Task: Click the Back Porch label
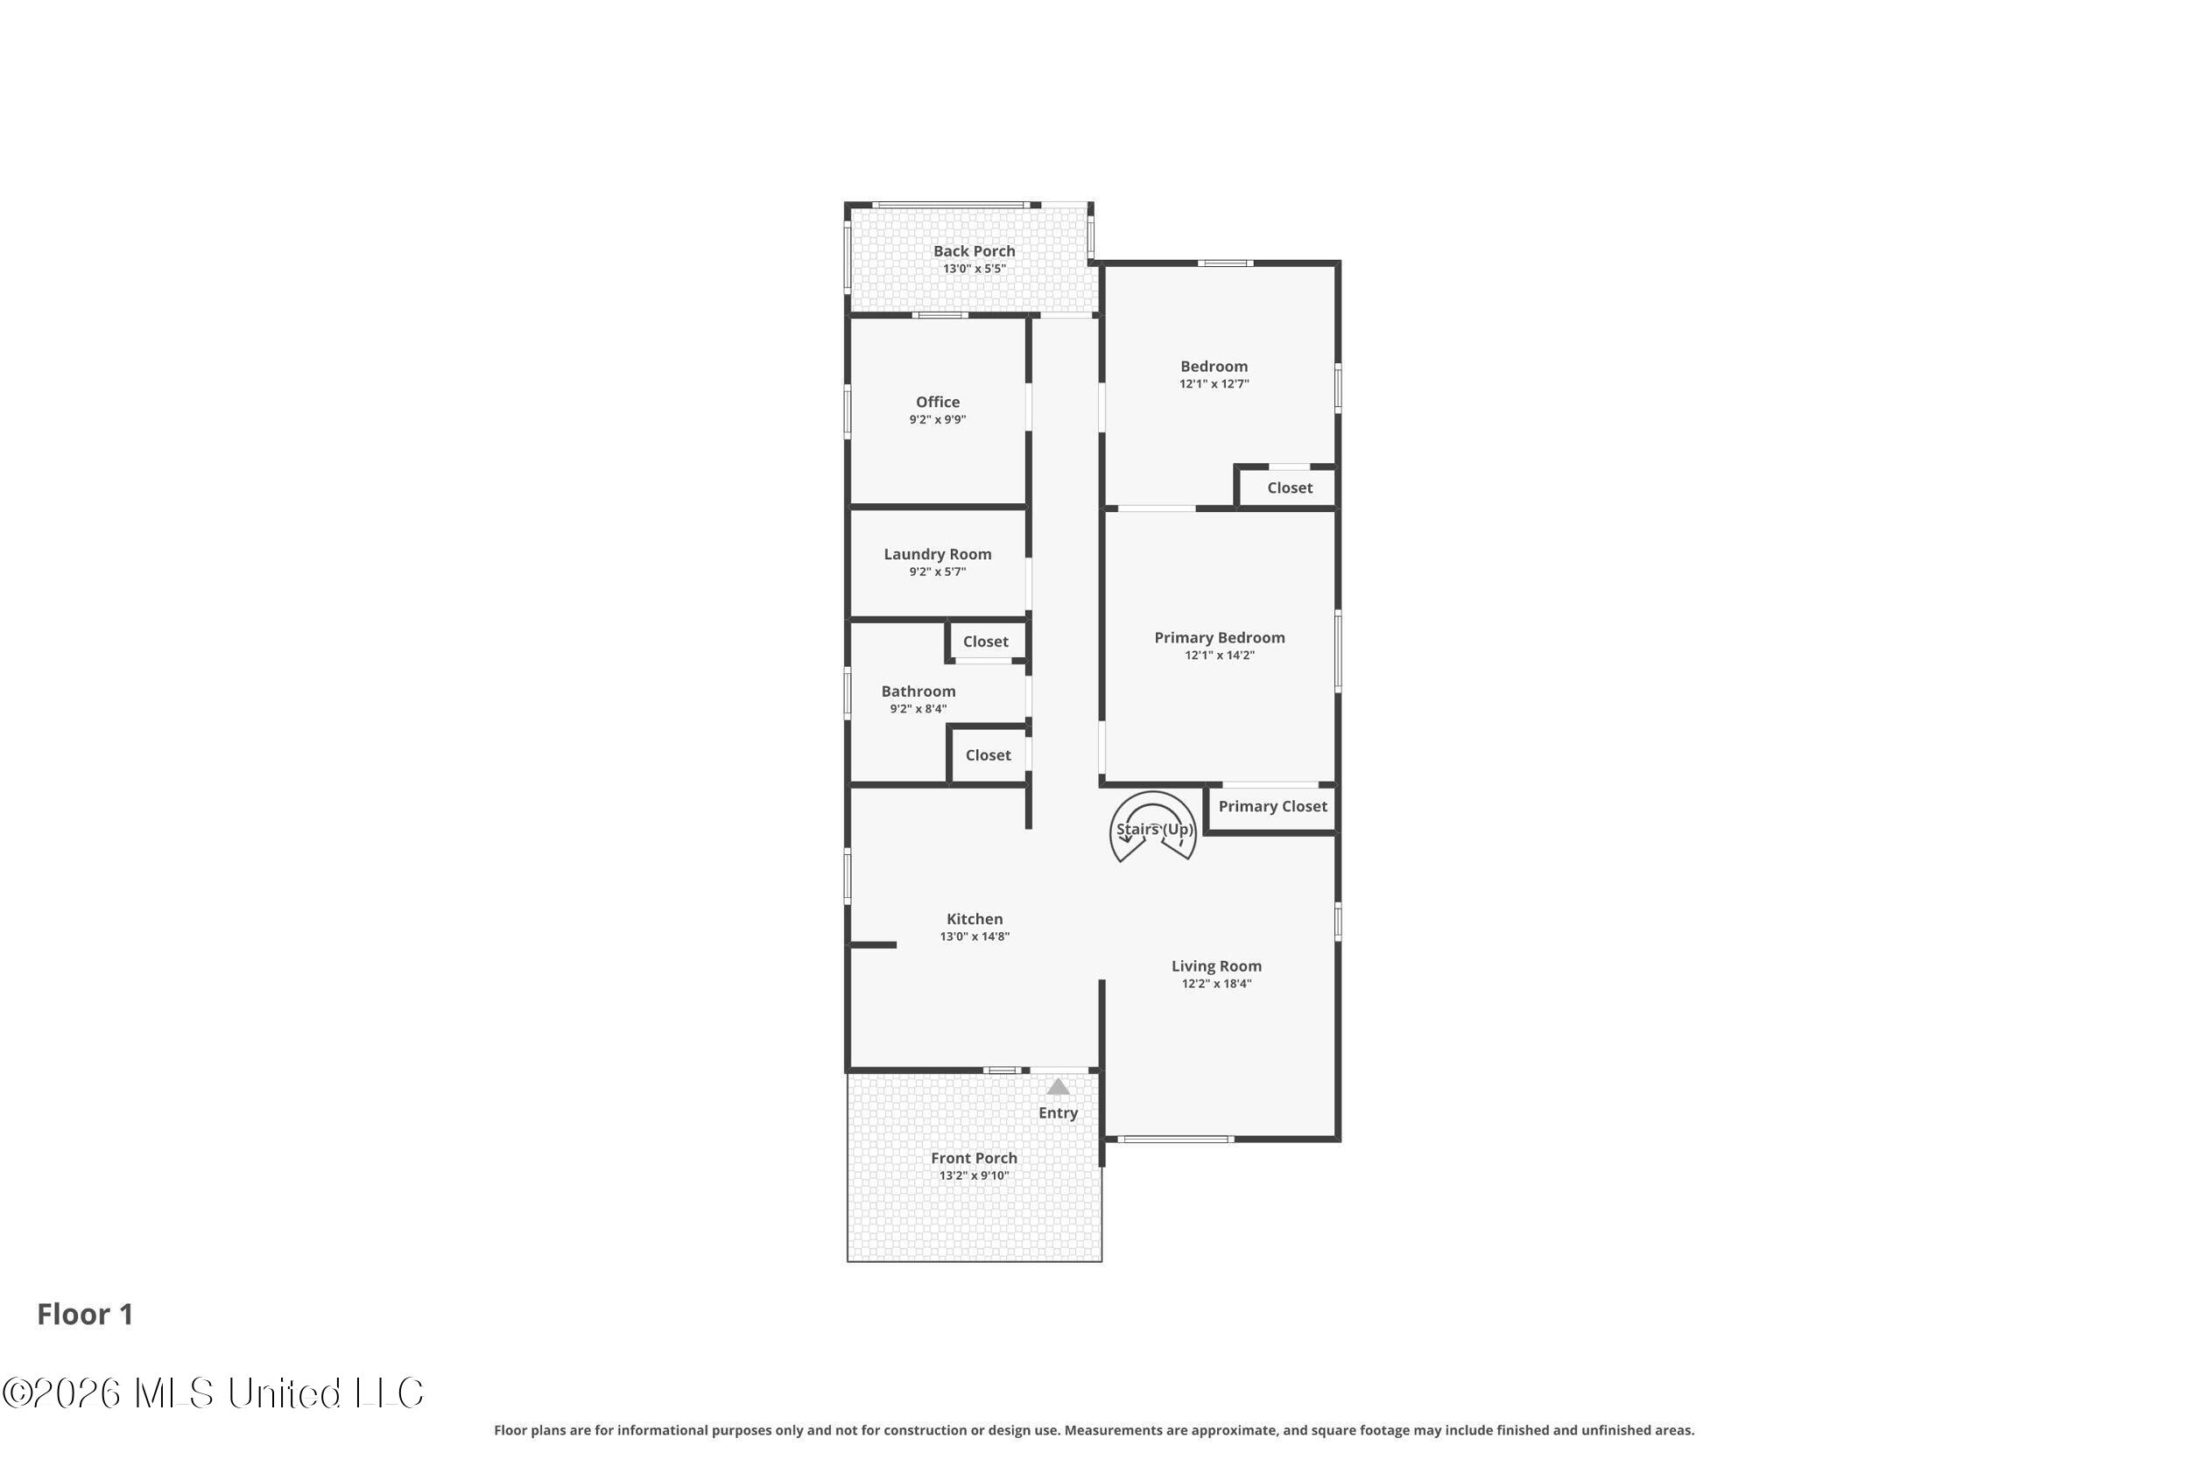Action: point(974,251)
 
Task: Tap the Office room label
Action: point(937,402)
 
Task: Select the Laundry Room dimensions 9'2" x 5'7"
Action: point(937,572)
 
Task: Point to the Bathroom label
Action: point(918,691)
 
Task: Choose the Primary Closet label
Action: point(1272,807)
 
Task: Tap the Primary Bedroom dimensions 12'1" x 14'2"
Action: point(1219,655)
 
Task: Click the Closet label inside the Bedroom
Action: point(1289,488)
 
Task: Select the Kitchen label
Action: point(975,919)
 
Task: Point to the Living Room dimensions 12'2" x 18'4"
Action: point(1216,984)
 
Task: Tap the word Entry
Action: point(1059,1113)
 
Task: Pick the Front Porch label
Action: point(974,1159)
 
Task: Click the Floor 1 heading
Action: point(85,1314)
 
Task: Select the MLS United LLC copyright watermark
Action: point(213,1394)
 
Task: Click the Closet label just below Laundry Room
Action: point(985,642)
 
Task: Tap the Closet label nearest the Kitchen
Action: point(988,755)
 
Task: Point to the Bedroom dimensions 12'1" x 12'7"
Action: point(1214,384)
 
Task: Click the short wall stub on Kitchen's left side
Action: point(871,945)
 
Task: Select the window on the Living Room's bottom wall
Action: point(1175,1139)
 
